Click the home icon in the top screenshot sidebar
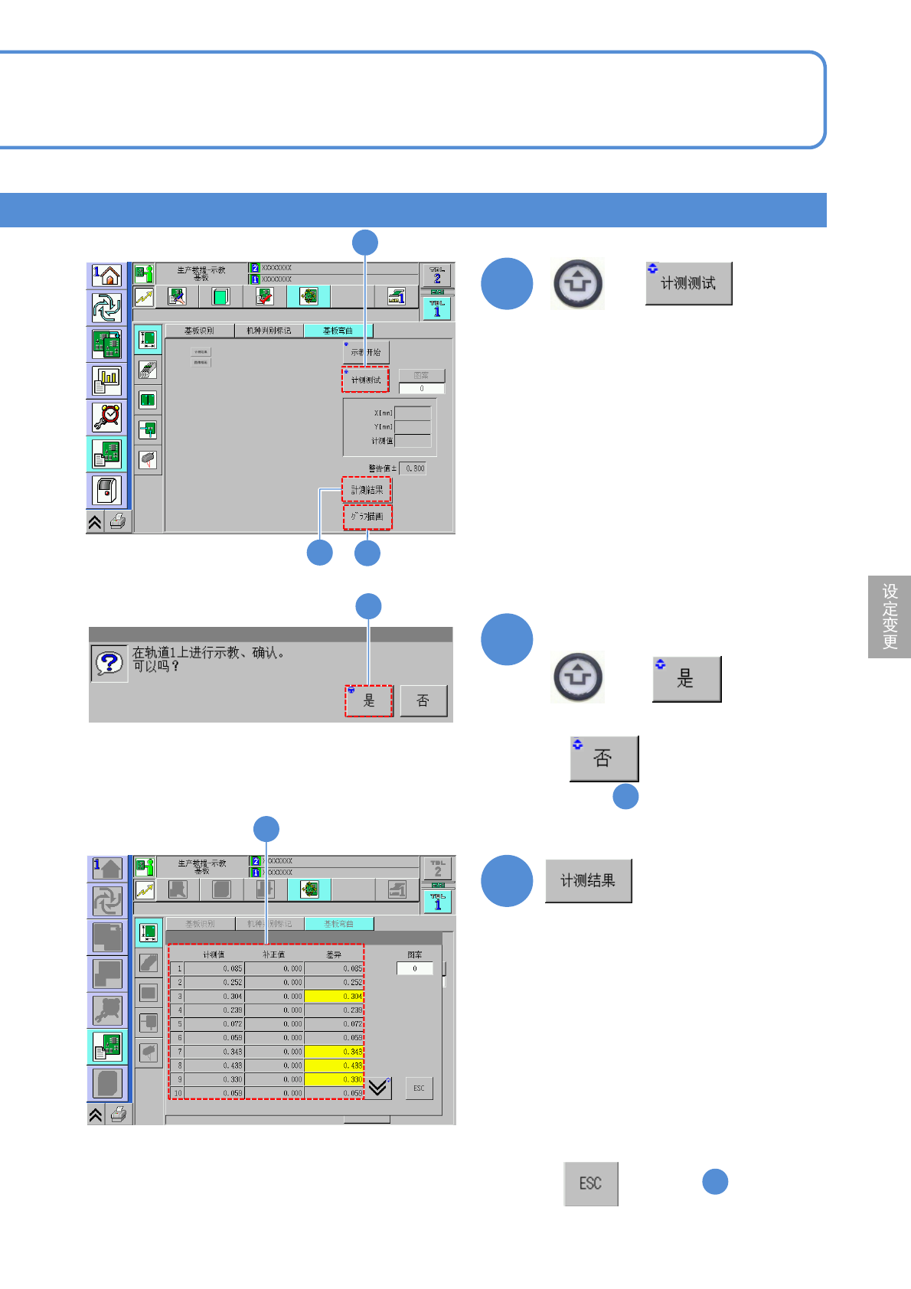[106, 276]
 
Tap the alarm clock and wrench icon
[106, 416]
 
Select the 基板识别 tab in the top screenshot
[199, 331]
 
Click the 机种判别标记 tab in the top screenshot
[268, 331]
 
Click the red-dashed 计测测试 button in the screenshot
[365, 380]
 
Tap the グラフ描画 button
[367, 517]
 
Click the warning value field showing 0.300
[415, 468]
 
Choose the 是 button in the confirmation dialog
[368, 700]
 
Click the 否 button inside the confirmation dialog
[423, 700]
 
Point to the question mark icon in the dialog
[109, 663]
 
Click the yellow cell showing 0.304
[334, 997]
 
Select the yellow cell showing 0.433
[334, 1065]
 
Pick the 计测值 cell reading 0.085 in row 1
[214, 969]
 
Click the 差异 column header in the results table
[334, 955]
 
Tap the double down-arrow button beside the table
[378, 1088]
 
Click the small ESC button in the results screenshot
[419, 1088]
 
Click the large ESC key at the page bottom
[590, 1183]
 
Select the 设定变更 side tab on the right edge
[890, 616]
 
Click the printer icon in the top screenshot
[118, 522]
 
